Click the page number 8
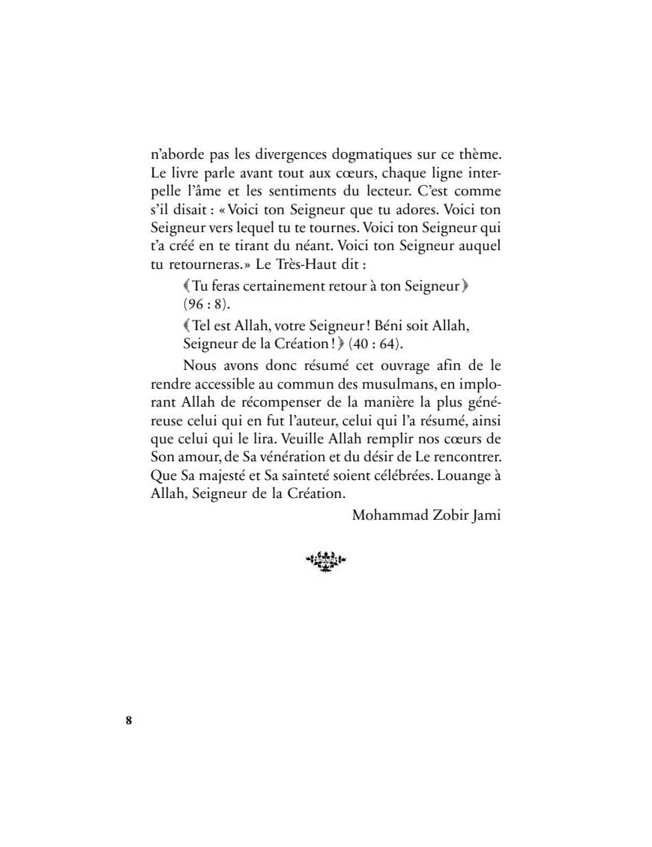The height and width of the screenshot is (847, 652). [x=128, y=721]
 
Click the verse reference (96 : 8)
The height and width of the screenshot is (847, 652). [x=207, y=304]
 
